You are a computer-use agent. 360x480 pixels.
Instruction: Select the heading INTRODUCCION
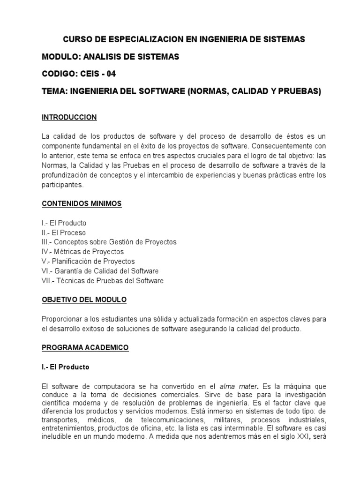click(69, 117)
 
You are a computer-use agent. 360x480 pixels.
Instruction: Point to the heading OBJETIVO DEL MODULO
click(84, 299)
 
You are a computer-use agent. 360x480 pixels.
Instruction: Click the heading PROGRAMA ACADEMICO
click(85, 347)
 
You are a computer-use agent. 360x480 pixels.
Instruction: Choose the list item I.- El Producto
click(64, 223)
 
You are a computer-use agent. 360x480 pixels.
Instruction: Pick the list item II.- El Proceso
click(64, 232)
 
